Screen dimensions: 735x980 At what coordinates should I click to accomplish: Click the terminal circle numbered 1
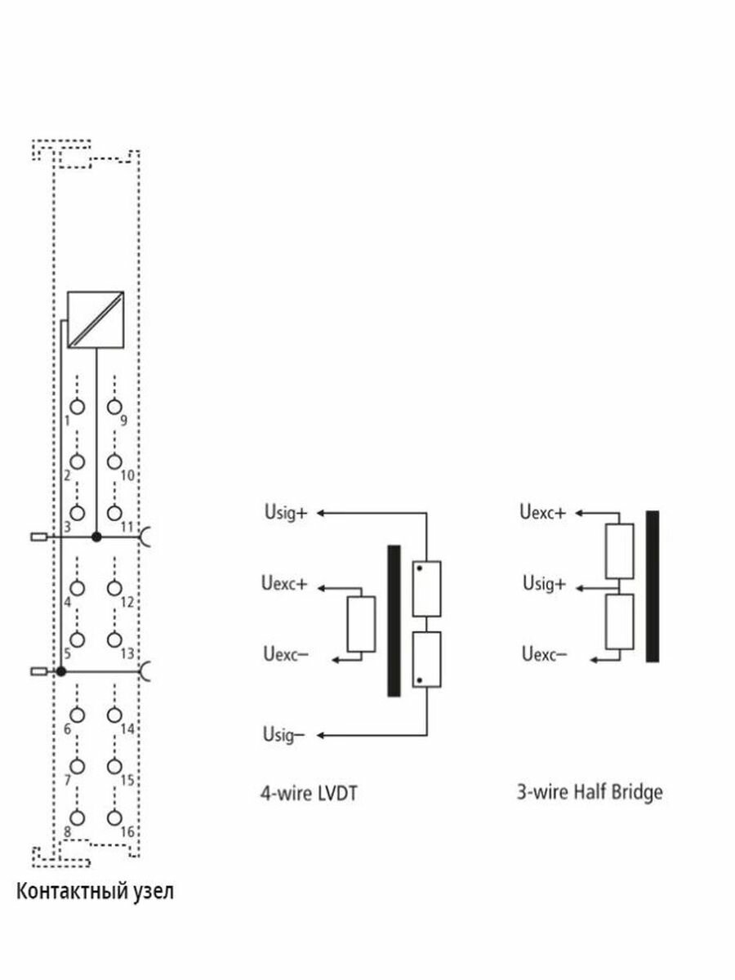pos(78,407)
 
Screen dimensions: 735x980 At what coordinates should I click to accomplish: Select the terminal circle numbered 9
pos(114,407)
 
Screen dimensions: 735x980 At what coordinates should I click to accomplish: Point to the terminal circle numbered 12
pos(114,589)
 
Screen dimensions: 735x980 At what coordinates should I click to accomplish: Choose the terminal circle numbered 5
pos(78,639)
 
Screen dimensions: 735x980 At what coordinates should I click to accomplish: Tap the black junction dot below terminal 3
pos(96,537)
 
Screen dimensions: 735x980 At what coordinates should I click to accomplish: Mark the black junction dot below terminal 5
pos(61,671)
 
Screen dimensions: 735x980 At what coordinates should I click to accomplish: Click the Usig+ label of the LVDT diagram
pos(286,513)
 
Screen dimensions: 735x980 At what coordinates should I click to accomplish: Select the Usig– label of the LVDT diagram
pos(284,734)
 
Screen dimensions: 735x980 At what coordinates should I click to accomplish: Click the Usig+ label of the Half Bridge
pos(545,583)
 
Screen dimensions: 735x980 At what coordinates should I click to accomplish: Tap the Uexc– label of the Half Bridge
pos(545,654)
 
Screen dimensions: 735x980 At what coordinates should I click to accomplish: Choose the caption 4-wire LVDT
pos(310,794)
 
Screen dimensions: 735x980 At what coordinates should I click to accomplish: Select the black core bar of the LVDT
pos(394,621)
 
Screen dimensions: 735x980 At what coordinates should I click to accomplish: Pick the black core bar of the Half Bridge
pos(653,586)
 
